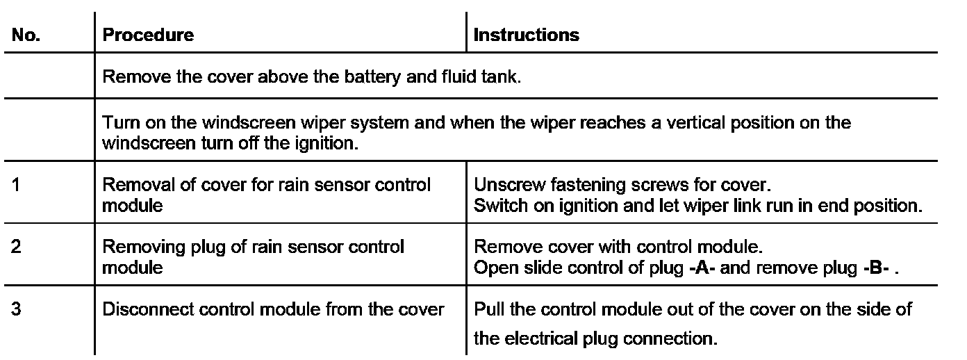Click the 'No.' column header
[x=26, y=35]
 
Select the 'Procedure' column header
[x=148, y=35]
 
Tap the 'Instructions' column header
[x=526, y=35]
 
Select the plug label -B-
[x=877, y=268]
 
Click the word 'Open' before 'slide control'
[x=490, y=268]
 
